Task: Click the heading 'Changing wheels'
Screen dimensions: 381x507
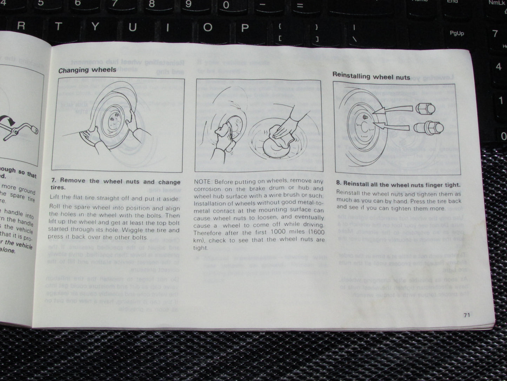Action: click(x=87, y=70)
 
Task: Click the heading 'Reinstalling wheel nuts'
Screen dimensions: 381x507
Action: click(x=371, y=76)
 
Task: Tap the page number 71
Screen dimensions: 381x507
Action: click(x=466, y=315)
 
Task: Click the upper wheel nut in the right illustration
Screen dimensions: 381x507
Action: click(x=426, y=109)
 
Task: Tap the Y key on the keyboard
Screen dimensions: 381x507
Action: click(x=95, y=26)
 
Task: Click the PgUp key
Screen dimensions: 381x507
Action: click(x=456, y=33)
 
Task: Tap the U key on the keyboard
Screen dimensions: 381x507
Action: click(x=132, y=27)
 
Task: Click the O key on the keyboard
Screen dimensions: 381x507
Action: click(x=208, y=27)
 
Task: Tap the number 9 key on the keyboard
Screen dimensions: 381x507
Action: click(x=188, y=4)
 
